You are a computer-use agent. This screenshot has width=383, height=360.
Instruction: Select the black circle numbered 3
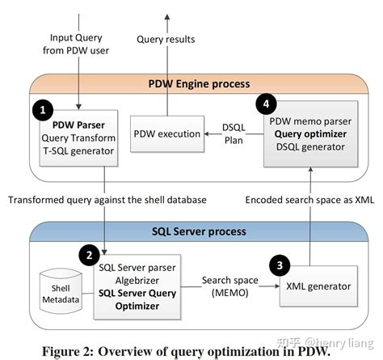[x=277, y=264]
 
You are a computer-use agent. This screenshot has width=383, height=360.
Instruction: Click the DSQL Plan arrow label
[x=232, y=133]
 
